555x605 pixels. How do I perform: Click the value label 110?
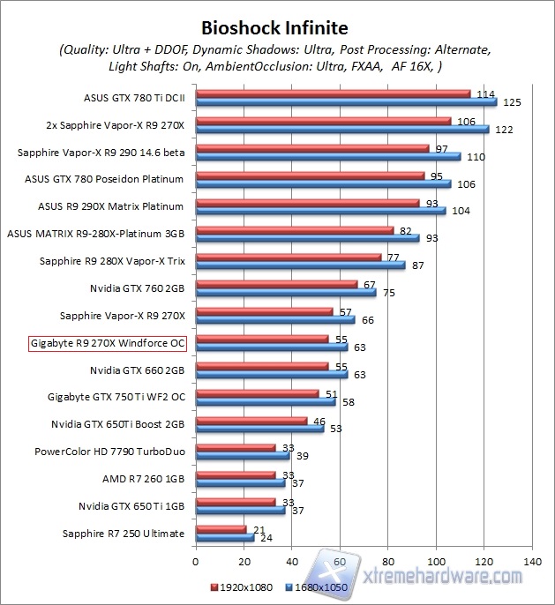click(475, 156)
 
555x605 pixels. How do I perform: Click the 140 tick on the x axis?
click(531, 561)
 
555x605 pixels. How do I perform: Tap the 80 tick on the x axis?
click(387, 561)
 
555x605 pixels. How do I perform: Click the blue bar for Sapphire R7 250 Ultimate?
click(224, 537)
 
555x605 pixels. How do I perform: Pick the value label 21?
click(258, 529)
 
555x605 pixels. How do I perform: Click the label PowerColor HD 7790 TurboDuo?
click(109, 452)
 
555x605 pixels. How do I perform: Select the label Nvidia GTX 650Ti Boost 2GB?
click(118, 424)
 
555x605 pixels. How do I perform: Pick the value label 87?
click(418, 265)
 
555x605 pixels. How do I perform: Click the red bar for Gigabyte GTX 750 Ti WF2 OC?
click(256, 393)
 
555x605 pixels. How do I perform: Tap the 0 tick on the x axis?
click(195, 561)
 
